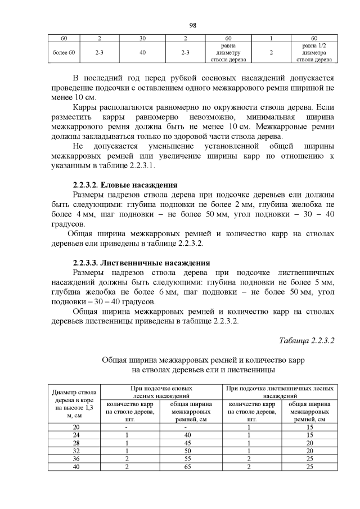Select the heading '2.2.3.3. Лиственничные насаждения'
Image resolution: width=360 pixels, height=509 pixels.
(x=142, y=263)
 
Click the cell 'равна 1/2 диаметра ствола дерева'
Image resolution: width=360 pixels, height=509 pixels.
(x=314, y=52)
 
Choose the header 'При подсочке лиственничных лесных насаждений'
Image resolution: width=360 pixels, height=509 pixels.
(x=280, y=392)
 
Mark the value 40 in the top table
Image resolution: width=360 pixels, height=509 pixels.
(x=143, y=52)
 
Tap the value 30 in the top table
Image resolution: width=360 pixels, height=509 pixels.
(x=143, y=38)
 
